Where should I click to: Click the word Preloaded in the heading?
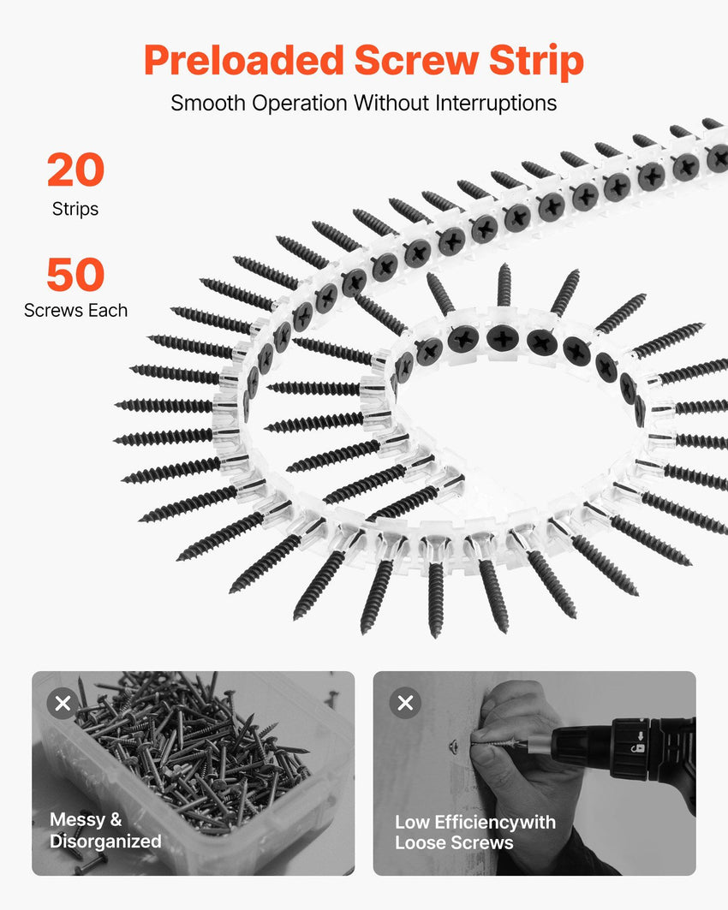[x=244, y=61]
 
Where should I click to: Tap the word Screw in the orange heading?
[x=416, y=60]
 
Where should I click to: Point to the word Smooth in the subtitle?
[x=208, y=104]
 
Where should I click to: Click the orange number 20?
[x=75, y=170]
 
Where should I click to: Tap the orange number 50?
[x=75, y=275]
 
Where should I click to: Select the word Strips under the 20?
[x=75, y=209]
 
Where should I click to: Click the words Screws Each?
[x=75, y=311]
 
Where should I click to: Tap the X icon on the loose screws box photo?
[x=63, y=704]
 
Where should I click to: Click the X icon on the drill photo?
[x=405, y=704]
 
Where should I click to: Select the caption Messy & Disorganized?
[x=105, y=830]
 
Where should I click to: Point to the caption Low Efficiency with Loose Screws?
[x=474, y=832]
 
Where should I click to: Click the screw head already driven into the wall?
[x=454, y=745]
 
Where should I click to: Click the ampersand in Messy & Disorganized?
[x=116, y=819]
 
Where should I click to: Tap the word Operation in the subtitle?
[x=300, y=104]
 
